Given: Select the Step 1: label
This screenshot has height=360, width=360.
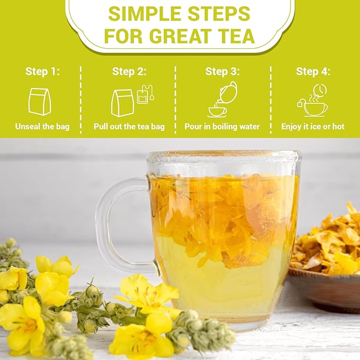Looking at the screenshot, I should point(42,72).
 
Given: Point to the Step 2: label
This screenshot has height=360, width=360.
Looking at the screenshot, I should point(129,72).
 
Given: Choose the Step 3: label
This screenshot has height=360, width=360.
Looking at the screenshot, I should point(222,72).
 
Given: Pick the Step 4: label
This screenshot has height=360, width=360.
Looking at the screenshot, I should point(313,72).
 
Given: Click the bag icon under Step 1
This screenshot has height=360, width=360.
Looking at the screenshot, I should point(40,101).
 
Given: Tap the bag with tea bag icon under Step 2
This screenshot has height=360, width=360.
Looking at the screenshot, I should point(130,101).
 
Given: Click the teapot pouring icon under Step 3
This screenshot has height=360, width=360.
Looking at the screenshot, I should point(222,100).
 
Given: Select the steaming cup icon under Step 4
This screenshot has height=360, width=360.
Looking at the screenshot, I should point(313,101).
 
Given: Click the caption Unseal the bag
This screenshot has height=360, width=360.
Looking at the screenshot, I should point(42,127).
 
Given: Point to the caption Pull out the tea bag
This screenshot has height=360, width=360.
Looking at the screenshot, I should point(129,127).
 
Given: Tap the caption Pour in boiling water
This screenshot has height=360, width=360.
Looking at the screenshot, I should point(222,127).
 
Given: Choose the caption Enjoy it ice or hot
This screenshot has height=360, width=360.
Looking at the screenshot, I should point(313,127).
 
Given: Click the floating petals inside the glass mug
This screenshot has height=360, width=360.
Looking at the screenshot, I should point(223,212).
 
